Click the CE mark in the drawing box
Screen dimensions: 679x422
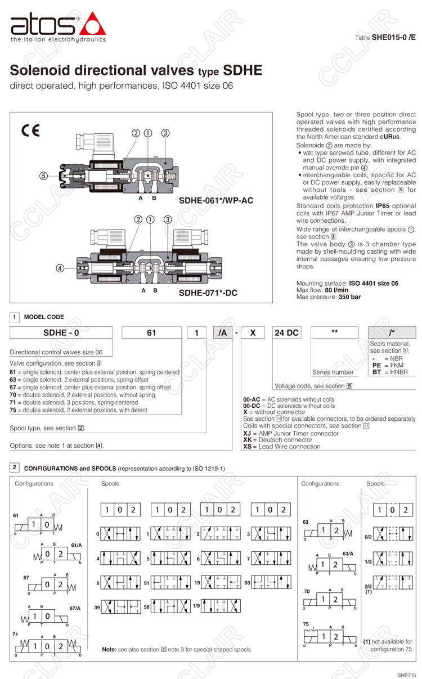click(31, 131)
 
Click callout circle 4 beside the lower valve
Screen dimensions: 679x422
click(60, 268)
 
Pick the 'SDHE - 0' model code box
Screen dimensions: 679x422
click(61, 332)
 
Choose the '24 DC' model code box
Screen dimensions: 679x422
click(286, 332)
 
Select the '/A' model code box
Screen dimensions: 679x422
click(223, 332)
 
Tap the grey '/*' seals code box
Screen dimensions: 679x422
click(392, 332)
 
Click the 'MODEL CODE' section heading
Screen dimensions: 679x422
click(44, 317)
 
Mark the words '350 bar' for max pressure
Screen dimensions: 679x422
click(349, 296)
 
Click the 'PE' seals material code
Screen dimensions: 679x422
click(377, 365)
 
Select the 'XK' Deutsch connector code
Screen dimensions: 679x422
click(248, 440)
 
